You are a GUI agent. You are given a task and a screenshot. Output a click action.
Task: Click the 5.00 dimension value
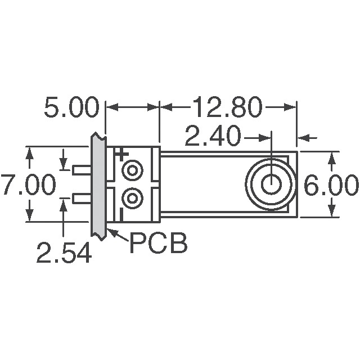click(x=71, y=107)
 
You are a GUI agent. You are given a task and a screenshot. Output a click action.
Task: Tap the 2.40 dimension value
click(x=213, y=137)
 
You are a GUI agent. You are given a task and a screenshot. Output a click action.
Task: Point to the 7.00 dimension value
click(x=28, y=185)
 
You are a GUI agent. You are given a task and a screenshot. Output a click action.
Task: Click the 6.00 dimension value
click(x=331, y=185)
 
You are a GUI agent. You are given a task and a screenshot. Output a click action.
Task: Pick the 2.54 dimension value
click(x=64, y=253)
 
